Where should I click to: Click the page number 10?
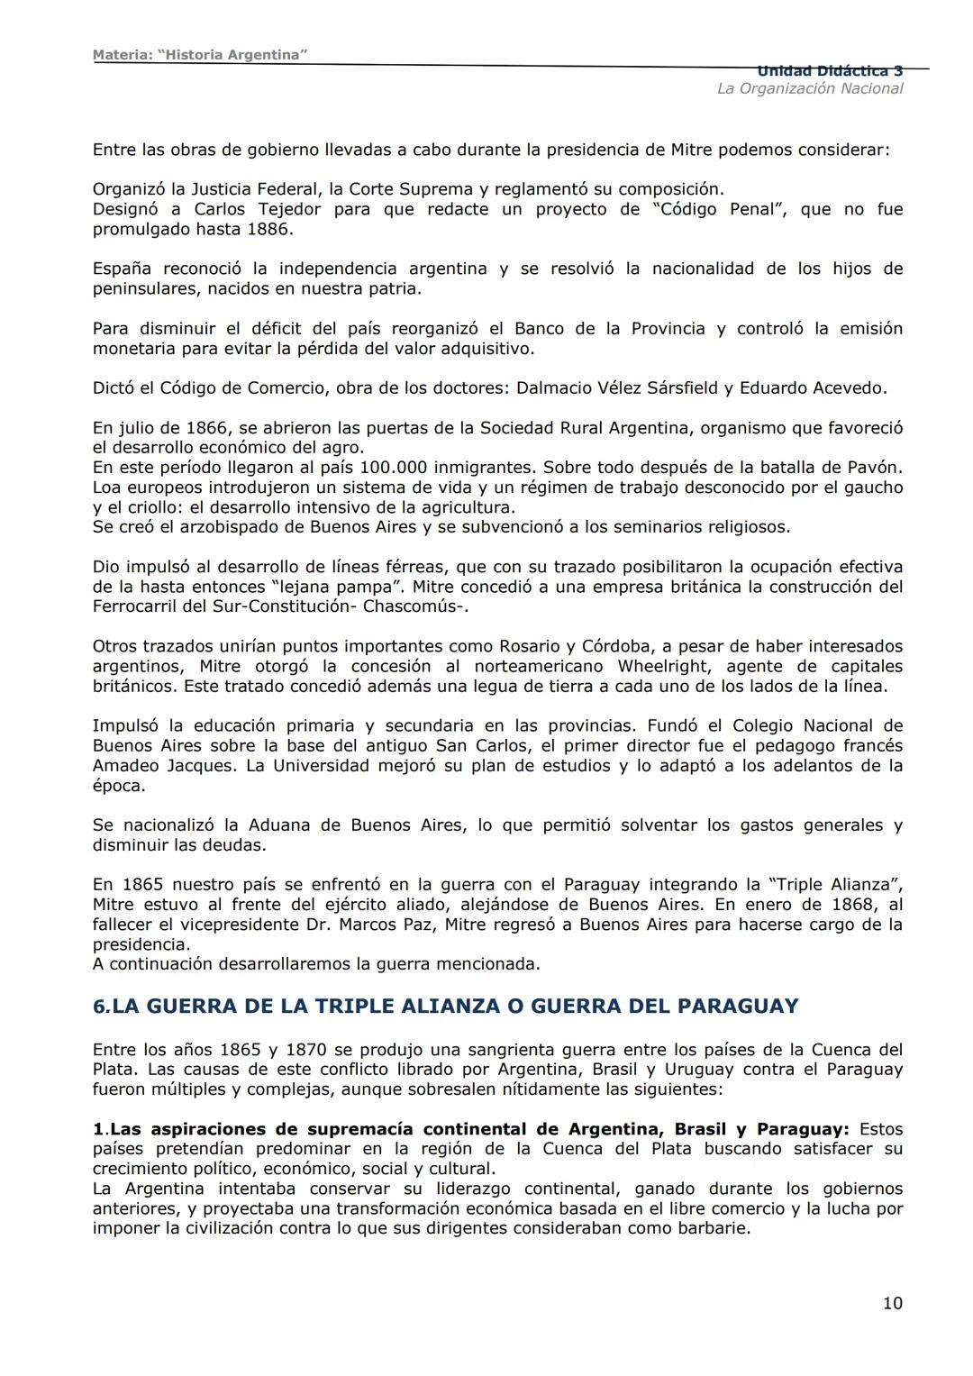coord(892,1303)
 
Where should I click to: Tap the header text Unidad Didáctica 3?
coord(829,70)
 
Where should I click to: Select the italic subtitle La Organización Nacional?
coord(809,88)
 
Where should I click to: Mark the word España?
coord(122,269)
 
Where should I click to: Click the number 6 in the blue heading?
coord(98,1006)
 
